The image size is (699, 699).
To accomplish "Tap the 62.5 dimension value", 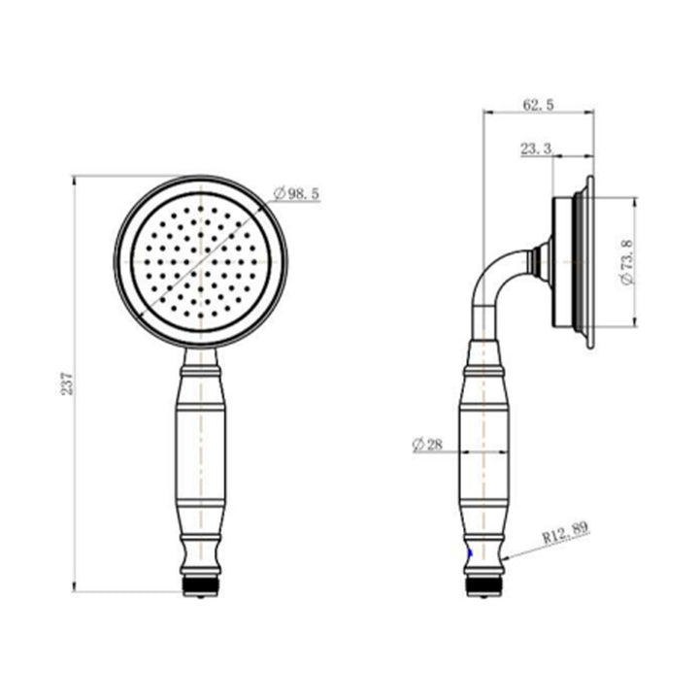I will coord(537,105).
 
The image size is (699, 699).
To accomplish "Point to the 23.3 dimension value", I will coord(537,149).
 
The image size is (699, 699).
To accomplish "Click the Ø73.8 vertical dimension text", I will coord(625,263).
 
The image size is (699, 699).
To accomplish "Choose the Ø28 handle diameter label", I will coord(427,445).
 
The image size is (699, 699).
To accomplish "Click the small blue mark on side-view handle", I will coord(470,553).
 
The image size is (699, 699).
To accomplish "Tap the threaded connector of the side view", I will coord(483,584).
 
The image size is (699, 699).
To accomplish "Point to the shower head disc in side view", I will coord(573,262).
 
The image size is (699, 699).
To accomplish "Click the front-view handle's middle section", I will coord(201,451).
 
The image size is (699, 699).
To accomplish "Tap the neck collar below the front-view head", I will coord(201,365).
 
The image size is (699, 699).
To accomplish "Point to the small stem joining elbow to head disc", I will coord(540,260).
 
